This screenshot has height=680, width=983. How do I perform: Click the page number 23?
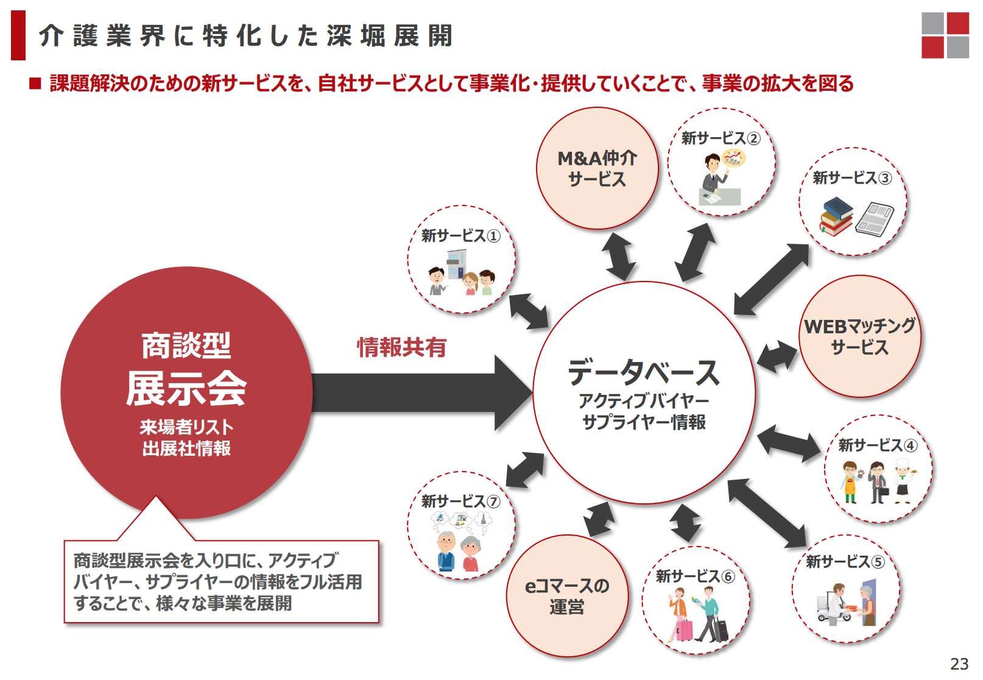(x=959, y=664)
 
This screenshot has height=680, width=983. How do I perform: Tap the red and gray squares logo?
(x=945, y=35)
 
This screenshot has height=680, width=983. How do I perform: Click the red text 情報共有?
(x=401, y=347)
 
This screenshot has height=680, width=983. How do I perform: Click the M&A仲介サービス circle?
(x=597, y=169)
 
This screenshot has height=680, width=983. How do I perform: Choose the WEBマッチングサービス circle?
(x=859, y=336)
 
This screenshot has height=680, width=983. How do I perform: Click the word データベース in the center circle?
(x=644, y=372)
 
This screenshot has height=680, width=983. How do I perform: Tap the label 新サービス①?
(x=460, y=236)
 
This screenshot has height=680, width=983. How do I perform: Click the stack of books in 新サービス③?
(x=836, y=216)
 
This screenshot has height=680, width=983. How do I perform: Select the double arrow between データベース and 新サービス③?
(x=772, y=279)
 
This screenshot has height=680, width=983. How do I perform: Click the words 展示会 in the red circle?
(x=186, y=388)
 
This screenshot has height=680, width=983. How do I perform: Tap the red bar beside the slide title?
(x=18, y=35)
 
